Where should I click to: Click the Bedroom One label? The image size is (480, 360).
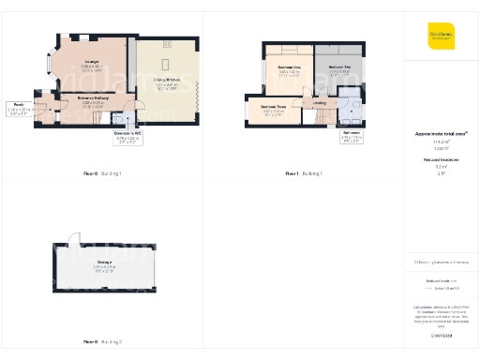(x=288, y=70)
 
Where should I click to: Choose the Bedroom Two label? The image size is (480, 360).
(x=339, y=68)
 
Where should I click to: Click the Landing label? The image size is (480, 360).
(x=320, y=103)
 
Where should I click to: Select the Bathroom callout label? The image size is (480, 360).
(x=352, y=137)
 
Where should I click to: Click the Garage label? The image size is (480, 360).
(x=104, y=264)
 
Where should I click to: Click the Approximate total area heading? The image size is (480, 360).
(x=434, y=134)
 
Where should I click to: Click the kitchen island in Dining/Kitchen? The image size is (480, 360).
(x=167, y=64)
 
